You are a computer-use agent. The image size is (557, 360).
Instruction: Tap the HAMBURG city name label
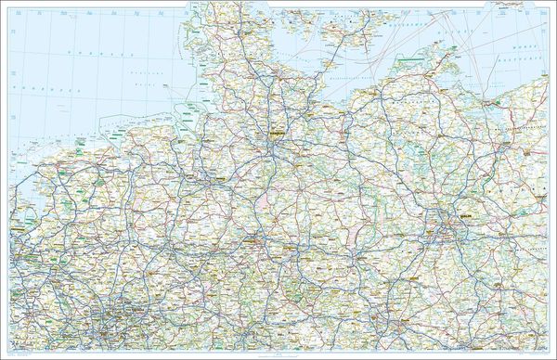pos(278,135)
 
